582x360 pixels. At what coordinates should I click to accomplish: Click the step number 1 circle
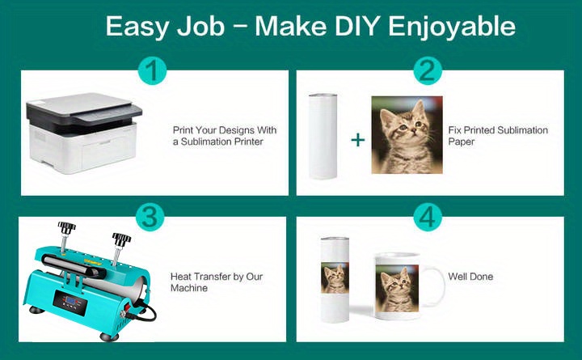click(x=153, y=70)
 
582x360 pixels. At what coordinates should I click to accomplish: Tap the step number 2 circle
click(x=428, y=70)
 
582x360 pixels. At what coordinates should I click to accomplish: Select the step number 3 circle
click(x=150, y=217)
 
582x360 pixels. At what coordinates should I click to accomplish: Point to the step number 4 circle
click(x=428, y=217)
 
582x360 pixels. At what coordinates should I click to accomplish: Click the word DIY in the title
click(x=356, y=27)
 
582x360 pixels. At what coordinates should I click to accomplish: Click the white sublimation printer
click(x=84, y=133)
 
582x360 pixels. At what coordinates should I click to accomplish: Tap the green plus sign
click(x=358, y=140)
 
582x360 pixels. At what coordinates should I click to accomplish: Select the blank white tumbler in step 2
click(x=323, y=137)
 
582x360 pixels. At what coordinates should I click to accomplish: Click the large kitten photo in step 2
click(x=407, y=135)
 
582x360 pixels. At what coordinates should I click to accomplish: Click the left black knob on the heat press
click(x=66, y=227)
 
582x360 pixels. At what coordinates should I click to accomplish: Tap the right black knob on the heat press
click(x=121, y=239)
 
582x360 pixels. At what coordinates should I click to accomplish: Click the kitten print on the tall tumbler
click(x=335, y=278)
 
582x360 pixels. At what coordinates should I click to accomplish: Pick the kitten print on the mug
click(x=397, y=288)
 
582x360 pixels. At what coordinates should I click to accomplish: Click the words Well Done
click(x=470, y=277)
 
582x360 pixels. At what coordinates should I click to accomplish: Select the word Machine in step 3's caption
click(x=189, y=288)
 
